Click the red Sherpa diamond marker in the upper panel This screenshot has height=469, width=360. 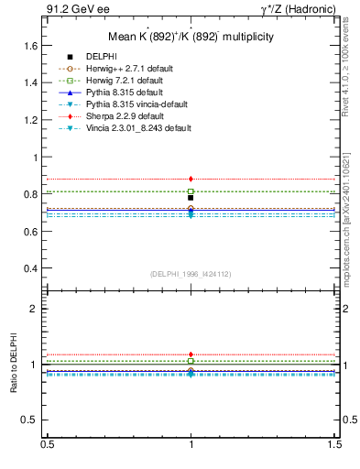191,179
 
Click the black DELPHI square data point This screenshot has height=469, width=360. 191,197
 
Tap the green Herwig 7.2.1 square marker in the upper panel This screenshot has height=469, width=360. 191,191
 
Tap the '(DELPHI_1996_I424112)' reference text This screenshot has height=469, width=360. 191,274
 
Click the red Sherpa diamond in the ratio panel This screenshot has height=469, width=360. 191,354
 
